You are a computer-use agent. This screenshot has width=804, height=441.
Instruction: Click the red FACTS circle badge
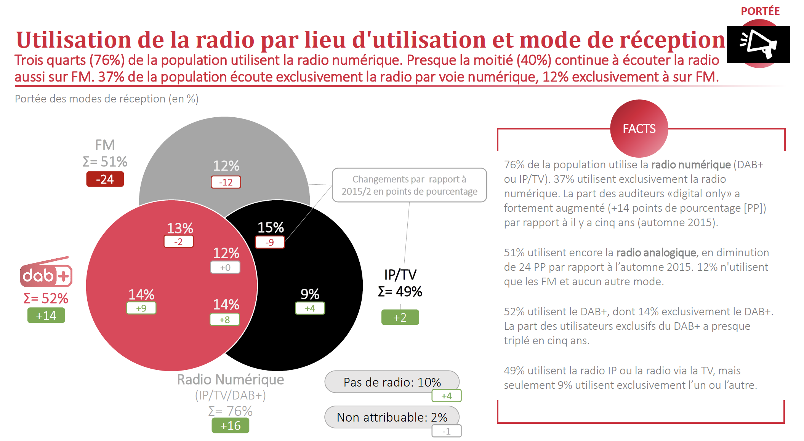click(x=639, y=128)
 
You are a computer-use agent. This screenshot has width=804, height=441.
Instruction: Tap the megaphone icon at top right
click(x=758, y=44)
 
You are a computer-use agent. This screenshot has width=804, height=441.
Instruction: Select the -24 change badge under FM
click(x=105, y=179)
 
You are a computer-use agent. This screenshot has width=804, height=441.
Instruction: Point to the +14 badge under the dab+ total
click(x=46, y=315)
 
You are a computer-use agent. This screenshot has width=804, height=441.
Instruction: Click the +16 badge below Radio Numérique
click(x=231, y=425)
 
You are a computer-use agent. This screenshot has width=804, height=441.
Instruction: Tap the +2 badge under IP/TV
click(x=400, y=317)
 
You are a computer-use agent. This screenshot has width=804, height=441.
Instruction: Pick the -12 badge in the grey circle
click(x=226, y=182)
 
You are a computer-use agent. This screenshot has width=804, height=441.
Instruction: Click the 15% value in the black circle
click(x=271, y=227)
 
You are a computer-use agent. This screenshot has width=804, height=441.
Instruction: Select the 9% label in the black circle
click(x=310, y=294)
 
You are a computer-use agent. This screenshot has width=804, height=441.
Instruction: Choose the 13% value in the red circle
click(x=180, y=228)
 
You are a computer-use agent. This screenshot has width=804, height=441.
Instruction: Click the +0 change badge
click(x=225, y=267)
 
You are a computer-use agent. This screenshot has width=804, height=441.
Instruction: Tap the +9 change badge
click(x=141, y=308)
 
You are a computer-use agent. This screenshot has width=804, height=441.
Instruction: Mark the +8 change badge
click(x=225, y=320)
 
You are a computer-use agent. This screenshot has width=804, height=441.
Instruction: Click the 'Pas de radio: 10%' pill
click(x=392, y=382)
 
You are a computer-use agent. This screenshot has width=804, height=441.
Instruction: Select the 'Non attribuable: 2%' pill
click(x=392, y=417)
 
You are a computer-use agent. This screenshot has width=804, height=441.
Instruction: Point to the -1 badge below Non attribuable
click(x=447, y=431)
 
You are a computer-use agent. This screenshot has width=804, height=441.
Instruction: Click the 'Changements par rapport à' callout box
click(x=409, y=185)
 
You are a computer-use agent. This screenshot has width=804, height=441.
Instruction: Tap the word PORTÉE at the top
click(x=760, y=11)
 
